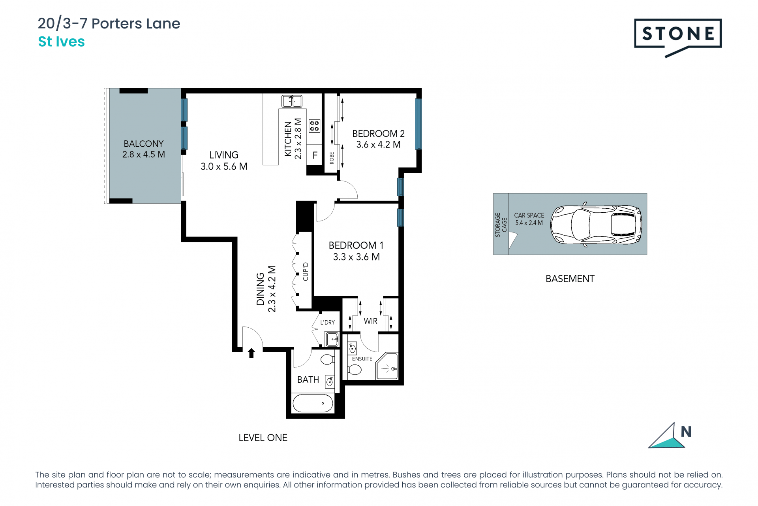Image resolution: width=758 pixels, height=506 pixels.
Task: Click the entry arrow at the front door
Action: pyautogui.click(x=251, y=353)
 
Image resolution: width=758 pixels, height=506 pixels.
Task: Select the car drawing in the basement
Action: pyautogui.click(x=596, y=224)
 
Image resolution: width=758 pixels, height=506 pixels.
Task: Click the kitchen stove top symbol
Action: pyautogui.click(x=315, y=126)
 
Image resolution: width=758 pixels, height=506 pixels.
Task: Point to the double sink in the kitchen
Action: pyautogui.click(x=292, y=101)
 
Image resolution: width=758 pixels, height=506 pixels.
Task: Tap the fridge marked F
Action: pyautogui.click(x=315, y=155)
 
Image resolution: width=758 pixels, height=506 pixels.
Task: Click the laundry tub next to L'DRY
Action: pyautogui.click(x=332, y=339)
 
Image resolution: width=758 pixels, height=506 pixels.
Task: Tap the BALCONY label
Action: pyautogui.click(x=143, y=143)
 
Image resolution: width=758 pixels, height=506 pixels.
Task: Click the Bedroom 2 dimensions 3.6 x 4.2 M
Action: pyautogui.click(x=378, y=145)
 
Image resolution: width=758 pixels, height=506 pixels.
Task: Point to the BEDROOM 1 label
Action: pyautogui.click(x=356, y=245)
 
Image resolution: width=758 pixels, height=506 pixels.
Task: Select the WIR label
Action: pyautogui.click(x=370, y=321)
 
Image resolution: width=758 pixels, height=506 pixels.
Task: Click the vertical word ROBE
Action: pyautogui.click(x=332, y=158)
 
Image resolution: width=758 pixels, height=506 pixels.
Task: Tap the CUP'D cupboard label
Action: pyautogui.click(x=305, y=272)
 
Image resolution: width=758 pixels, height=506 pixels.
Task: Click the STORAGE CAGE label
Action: pyautogui.click(x=501, y=225)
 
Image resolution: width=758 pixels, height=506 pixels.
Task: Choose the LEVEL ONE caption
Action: pyautogui.click(x=263, y=438)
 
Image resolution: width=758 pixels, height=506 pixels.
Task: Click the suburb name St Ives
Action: pyautogui.click(x=61, y=42)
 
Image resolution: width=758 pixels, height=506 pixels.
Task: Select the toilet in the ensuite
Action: pyautogui.click(x=355, y=370)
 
